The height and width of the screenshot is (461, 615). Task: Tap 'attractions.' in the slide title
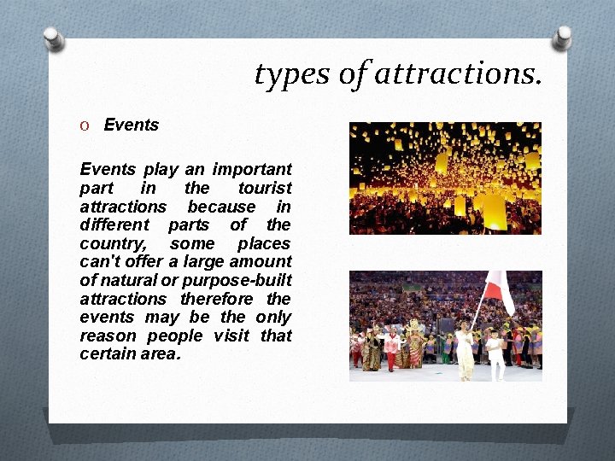(458, 75)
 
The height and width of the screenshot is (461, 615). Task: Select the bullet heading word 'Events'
(132, 125)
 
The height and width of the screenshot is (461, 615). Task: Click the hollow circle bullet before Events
(85, 125)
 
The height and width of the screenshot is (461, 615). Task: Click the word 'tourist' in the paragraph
(265, 188)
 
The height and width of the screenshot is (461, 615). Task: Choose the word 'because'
(221, 207)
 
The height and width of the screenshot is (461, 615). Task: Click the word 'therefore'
(217, 299)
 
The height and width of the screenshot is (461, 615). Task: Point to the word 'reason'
(106, 336)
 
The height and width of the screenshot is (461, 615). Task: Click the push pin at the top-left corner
(54, 38)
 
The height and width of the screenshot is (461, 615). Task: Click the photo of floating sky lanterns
(445, 178)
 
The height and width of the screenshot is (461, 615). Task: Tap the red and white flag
(498, 291)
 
